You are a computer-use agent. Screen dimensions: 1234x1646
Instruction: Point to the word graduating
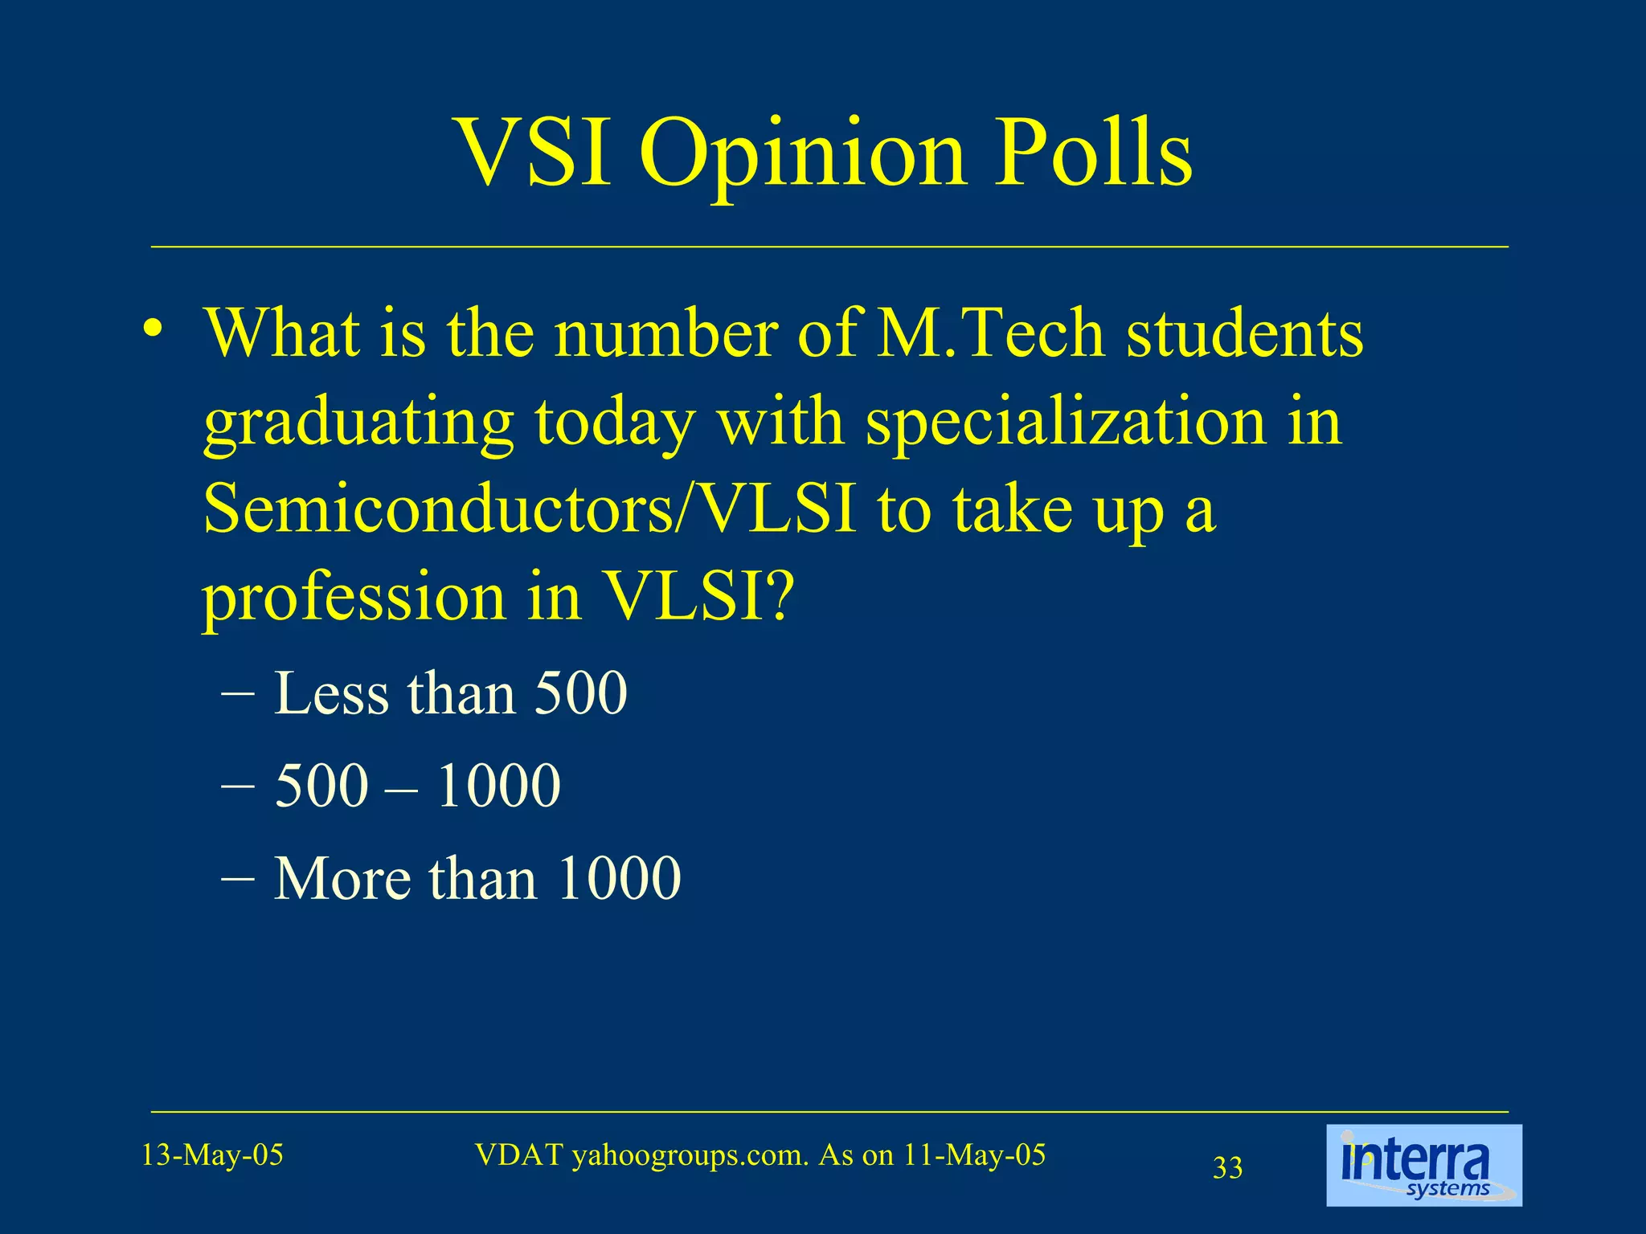pos(358,424)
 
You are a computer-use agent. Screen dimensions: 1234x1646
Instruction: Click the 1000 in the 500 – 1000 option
pos(498,785)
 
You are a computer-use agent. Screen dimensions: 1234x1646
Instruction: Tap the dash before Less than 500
pos(238,693)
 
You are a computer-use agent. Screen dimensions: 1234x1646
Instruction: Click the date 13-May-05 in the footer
pos(212,1155)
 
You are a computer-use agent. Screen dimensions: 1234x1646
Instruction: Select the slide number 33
pos(1227,1167)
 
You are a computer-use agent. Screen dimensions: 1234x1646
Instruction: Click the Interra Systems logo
pos(1423,1165)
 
